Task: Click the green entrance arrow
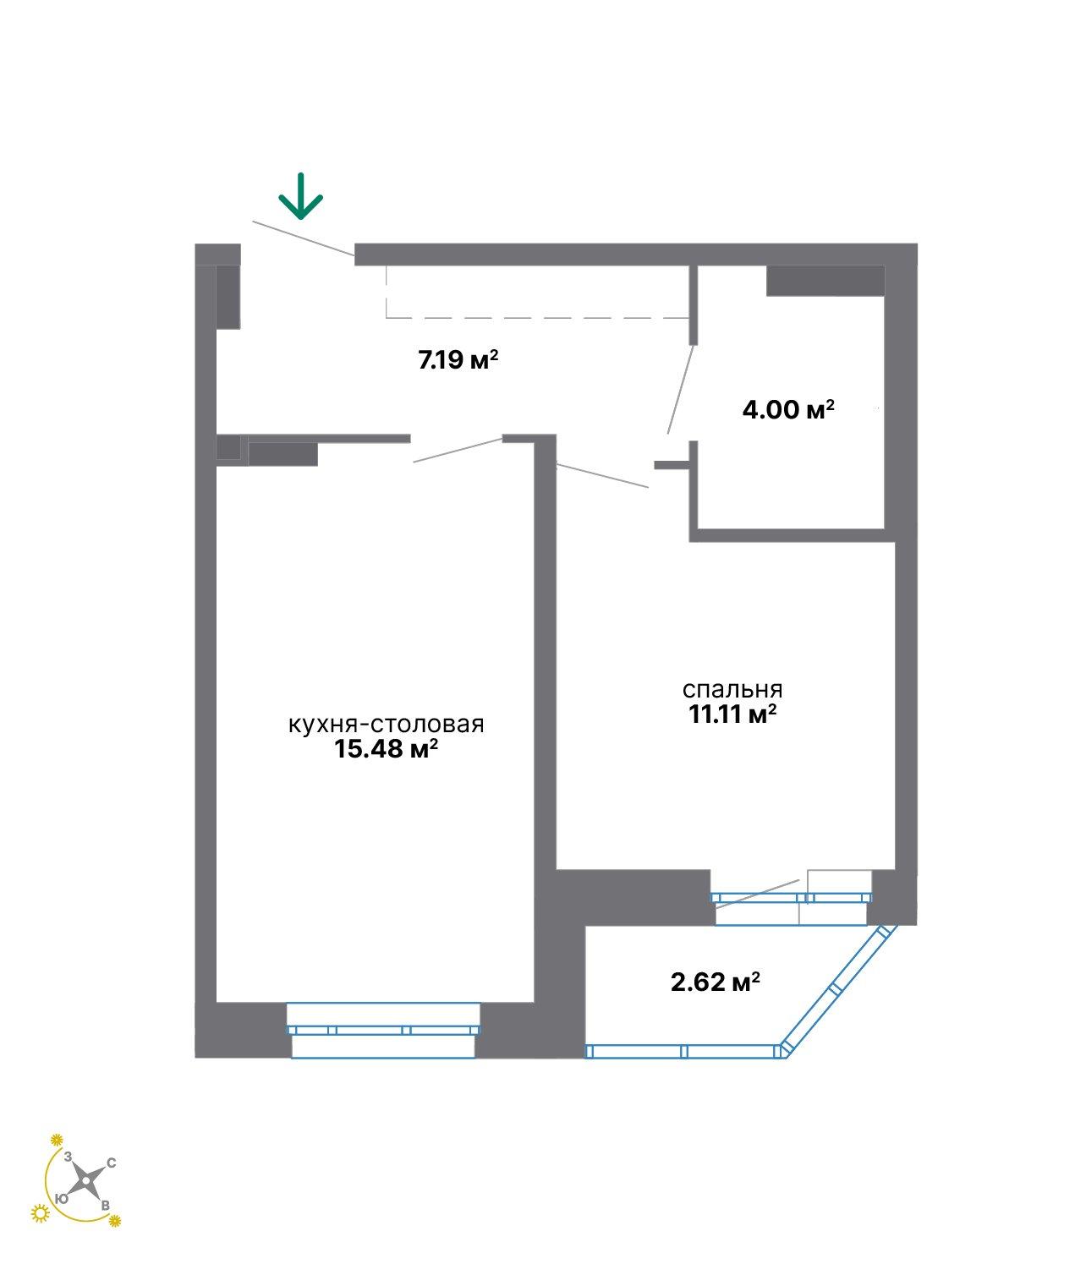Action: click(300, 195)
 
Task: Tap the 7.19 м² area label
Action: click(458, 359)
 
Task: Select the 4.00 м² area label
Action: click(788, 409)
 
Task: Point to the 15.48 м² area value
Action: click(386, 748)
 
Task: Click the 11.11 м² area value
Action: click(732, 714)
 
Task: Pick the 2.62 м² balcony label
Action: click(716, 982)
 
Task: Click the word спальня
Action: click(732, 690)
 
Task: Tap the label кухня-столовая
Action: click(386, 724)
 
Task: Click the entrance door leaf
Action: click(304, 238)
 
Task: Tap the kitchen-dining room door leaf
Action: click(458, 450)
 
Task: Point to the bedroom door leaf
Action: click(602, 476)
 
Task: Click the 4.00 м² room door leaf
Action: click(680, 390)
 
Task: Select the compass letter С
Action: click(112, 1163)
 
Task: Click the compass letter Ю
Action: click(61, 1199)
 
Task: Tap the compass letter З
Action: click(68, 1157)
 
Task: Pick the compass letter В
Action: click(105, 1206)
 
